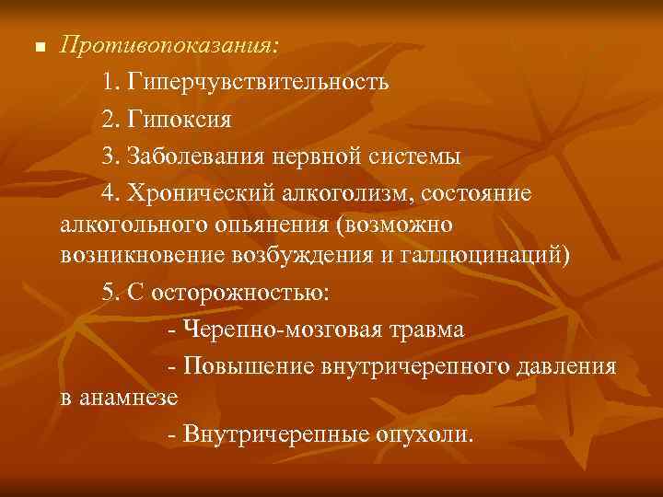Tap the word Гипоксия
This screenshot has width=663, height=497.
[180, 120]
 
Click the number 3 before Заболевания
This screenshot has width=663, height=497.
[110, 157]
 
